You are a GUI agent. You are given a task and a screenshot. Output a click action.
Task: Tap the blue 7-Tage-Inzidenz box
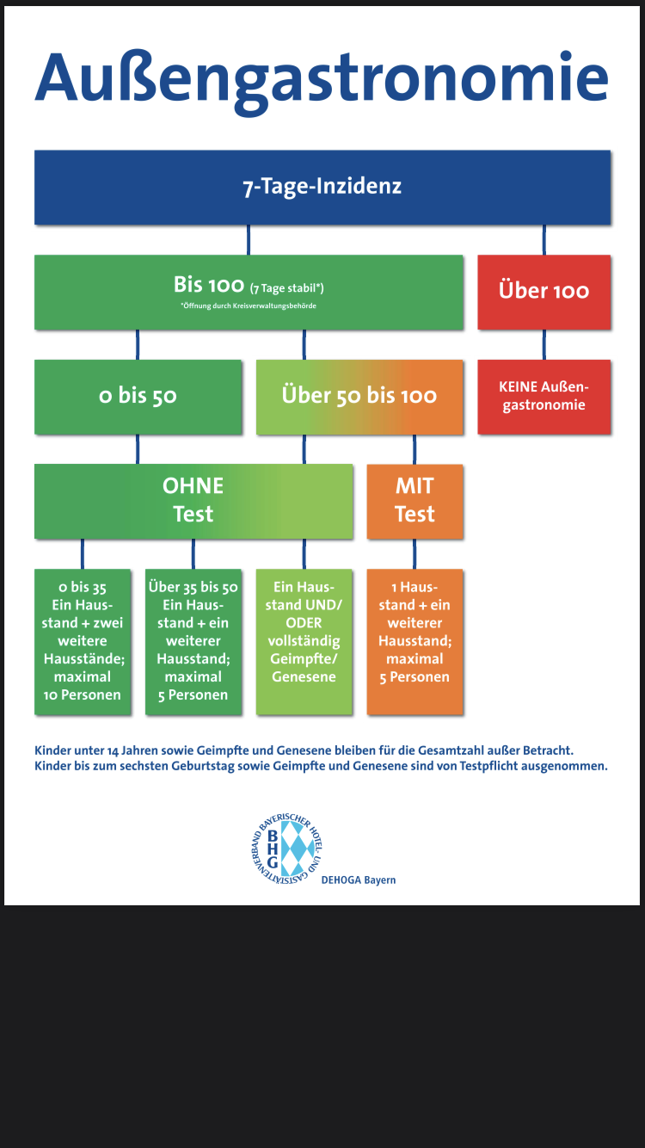point(322,187)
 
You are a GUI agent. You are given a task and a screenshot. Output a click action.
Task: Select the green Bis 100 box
point(248,292)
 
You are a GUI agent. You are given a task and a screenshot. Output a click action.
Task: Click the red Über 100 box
point(544,291)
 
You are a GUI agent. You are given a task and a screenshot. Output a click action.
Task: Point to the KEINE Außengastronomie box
point(544,397)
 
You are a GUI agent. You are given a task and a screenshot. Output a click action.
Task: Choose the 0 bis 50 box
point(138,396)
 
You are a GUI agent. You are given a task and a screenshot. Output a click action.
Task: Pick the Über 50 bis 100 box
point(359,396)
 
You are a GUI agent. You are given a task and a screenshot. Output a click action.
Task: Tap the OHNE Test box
point(193,500)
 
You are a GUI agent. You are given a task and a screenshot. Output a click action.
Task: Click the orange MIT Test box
point(415,500)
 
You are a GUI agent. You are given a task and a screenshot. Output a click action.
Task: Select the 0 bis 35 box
point(83,641)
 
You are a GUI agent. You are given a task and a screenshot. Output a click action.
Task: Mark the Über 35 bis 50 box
point(193,641)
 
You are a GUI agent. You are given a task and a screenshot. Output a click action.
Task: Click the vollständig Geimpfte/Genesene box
point(304,641)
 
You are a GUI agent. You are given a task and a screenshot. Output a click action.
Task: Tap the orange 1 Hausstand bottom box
point(415,641)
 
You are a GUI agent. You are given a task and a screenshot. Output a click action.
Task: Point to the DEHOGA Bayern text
point(358,880)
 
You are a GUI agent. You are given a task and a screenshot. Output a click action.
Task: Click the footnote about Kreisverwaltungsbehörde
point(248,306)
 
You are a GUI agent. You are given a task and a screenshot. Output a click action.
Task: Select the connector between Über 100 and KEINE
point(544,344)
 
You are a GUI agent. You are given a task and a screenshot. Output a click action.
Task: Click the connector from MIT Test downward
point(415,553)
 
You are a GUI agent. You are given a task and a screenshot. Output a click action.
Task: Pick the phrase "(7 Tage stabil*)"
point(286,288)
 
